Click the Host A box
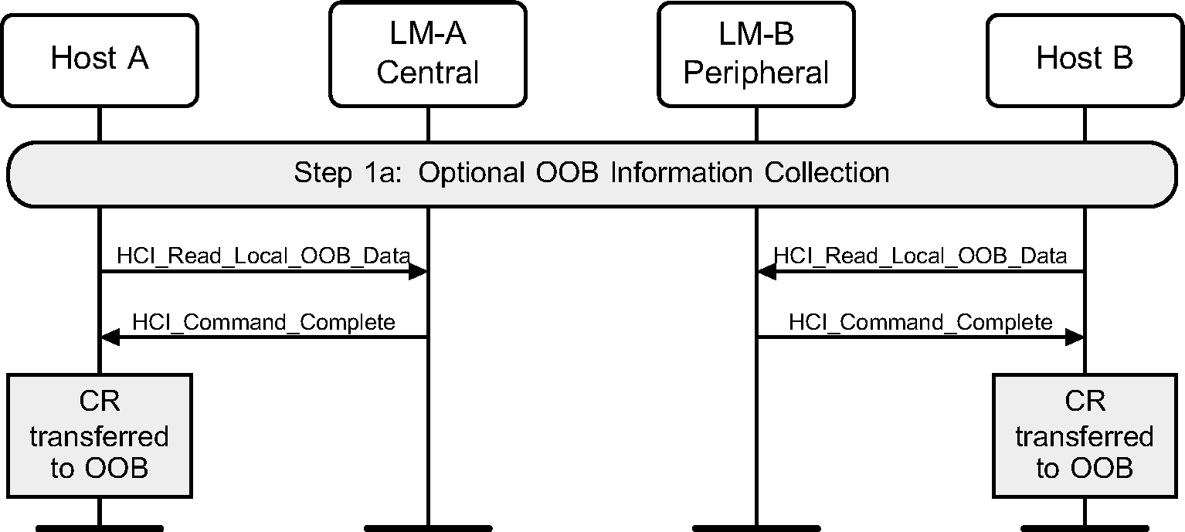pyautogui.click(x=99, y=59)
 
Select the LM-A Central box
pyautogui.click(x=428, y=53)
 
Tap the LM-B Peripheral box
pyautogui.click(x=756, y=53)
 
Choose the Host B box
pyautogui.click(x=1085, y=59)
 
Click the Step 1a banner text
pyautogui.click(x=591, y=172)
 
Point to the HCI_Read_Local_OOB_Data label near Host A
pyautogui.click(x=263, y=256)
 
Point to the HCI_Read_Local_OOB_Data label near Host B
pyautogui.click(x=920, y=256)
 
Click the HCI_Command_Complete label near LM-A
pyautogui.click(x=263, y=321)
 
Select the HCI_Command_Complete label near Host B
pyautogui.click(x=920, y=321)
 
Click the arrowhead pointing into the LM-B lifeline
pyautogui.click(x=766, y=271)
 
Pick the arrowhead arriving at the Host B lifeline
pyautogui.click(x=1075, y=337)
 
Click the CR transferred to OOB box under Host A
pyautogui.click(x=99, y=435)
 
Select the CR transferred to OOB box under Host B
pyautogui.click(x=1085, y=435)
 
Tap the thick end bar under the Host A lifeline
pyautogui.click(x=99, y=528)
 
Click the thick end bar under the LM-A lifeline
pyautogui.click(x=428, y=528)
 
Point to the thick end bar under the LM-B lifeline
pyautogui.click(x=756, y=528)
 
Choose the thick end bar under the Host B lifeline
pyautogui.click(x=1085, y=528)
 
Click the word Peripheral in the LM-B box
pyautogui.click(x=756, y=73)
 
